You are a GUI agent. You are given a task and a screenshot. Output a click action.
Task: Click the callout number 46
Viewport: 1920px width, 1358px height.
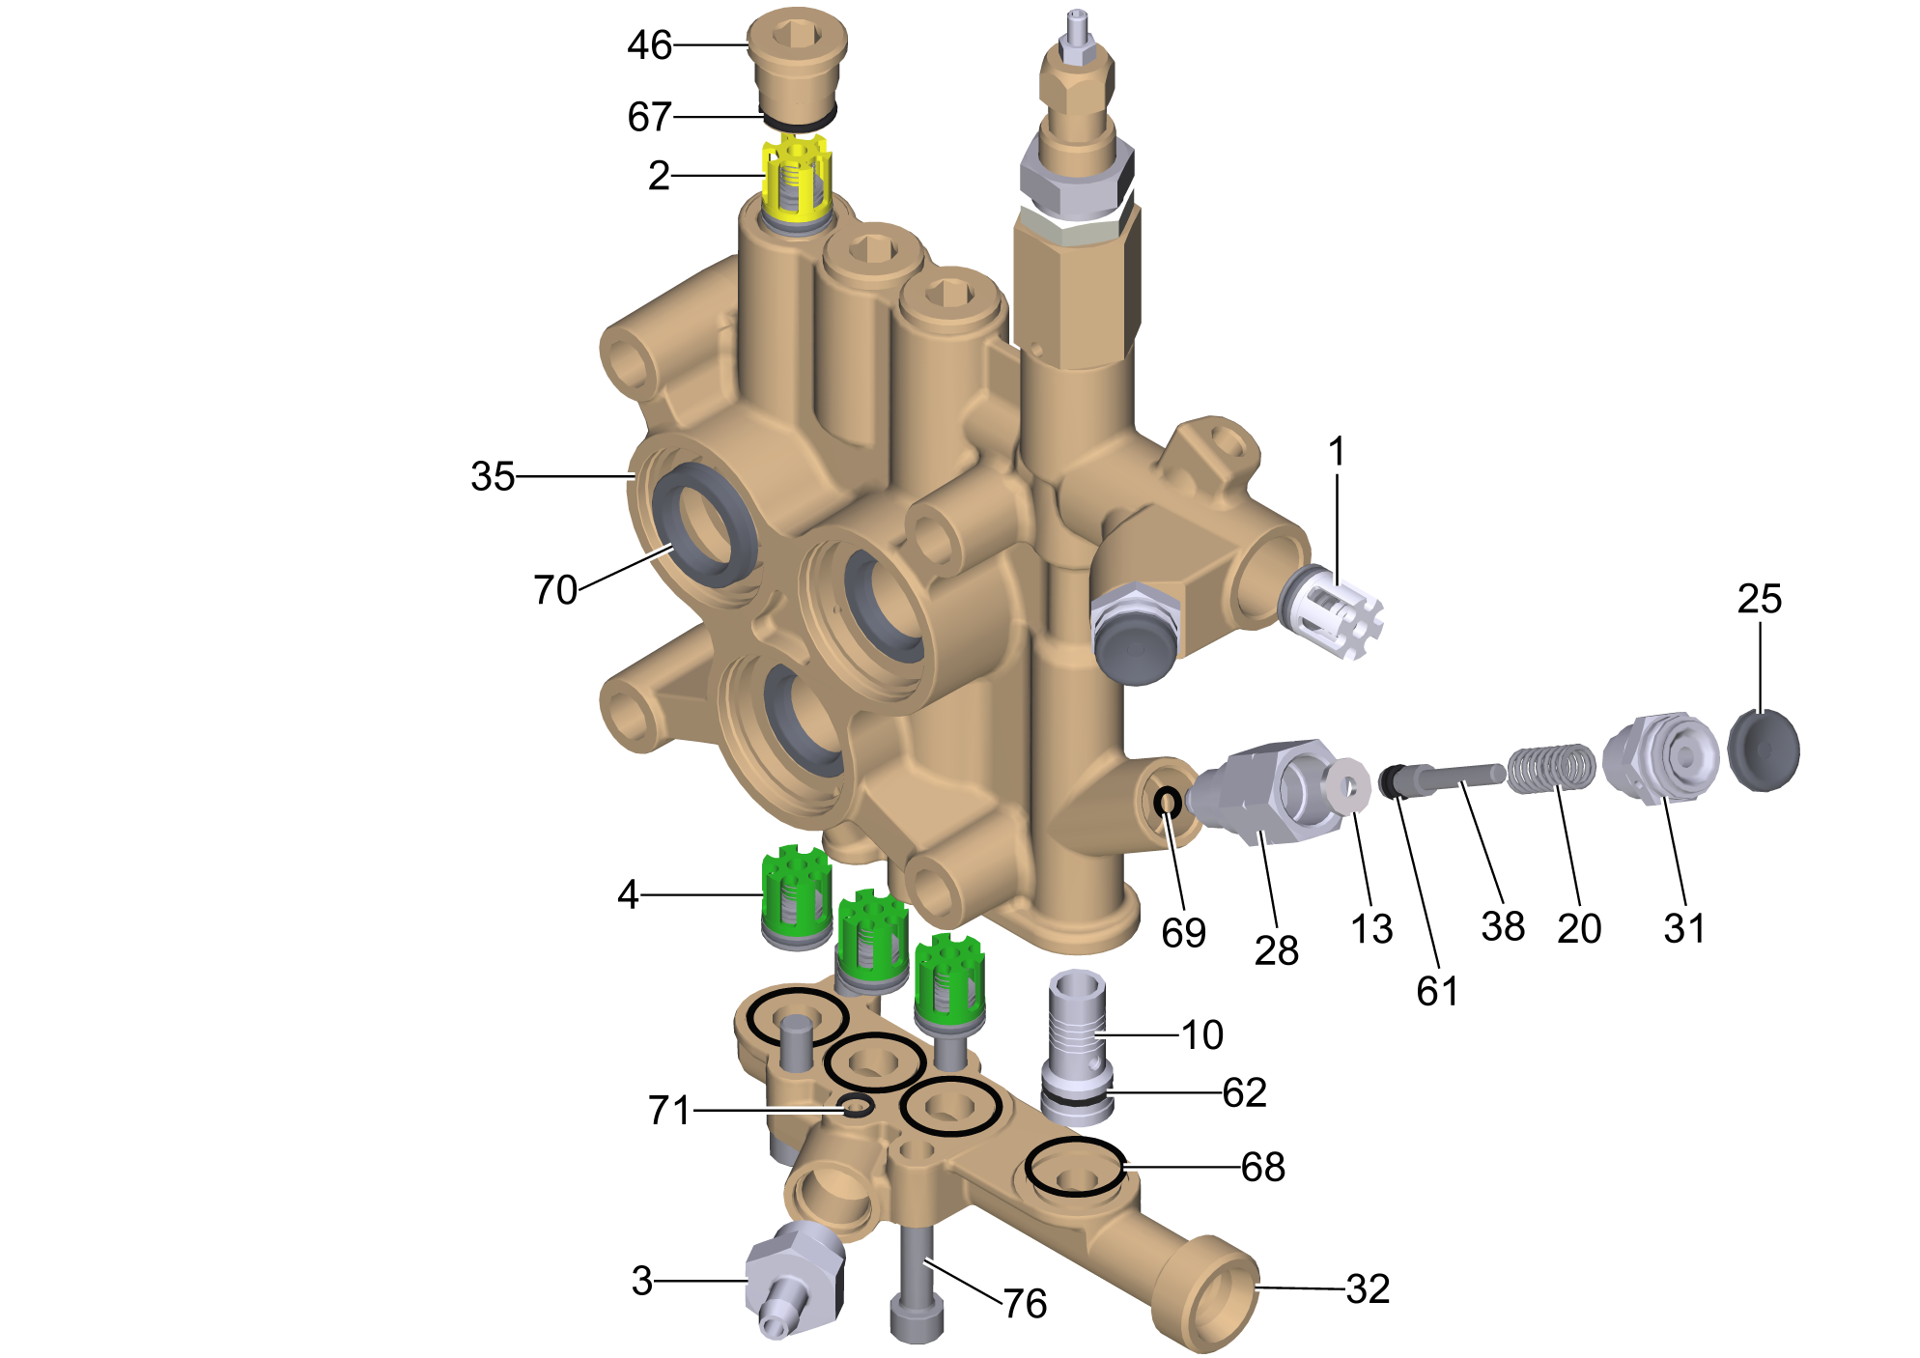coord(649,45)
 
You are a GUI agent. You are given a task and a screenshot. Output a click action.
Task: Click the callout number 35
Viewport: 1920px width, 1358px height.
coord(493,476)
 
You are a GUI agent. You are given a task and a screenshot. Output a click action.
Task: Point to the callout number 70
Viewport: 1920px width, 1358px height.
coord(555,589)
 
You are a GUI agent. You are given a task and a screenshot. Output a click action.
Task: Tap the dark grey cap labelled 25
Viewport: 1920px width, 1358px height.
coord(1764,750)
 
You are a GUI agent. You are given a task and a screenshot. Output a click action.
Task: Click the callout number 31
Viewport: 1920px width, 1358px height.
coord(1684,928)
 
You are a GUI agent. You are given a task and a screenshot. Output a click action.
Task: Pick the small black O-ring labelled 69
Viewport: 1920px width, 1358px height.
coord(1168,801)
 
